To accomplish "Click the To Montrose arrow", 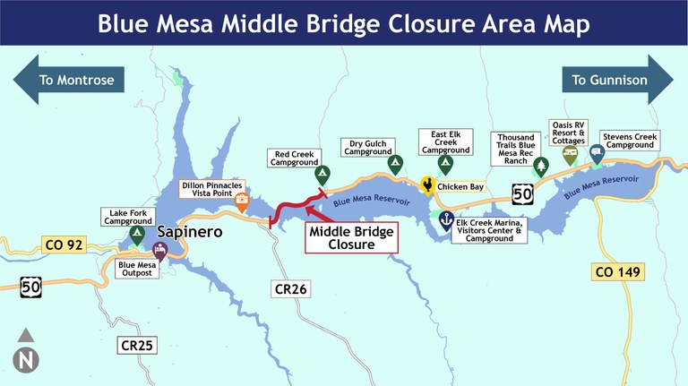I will point(68,80).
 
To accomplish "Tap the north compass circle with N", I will point(26,359).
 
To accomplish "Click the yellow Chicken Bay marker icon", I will point(429,185).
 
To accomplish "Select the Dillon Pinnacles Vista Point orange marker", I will point(242,202).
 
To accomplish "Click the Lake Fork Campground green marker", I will point(137,235).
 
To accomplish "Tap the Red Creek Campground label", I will point(295,158).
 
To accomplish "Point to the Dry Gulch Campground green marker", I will point(394,165).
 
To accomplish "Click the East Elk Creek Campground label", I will point(445,141).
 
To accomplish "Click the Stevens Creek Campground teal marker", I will point(597,154).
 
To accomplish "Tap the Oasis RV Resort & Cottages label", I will point(568,133).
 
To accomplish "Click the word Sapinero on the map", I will point(191,233).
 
